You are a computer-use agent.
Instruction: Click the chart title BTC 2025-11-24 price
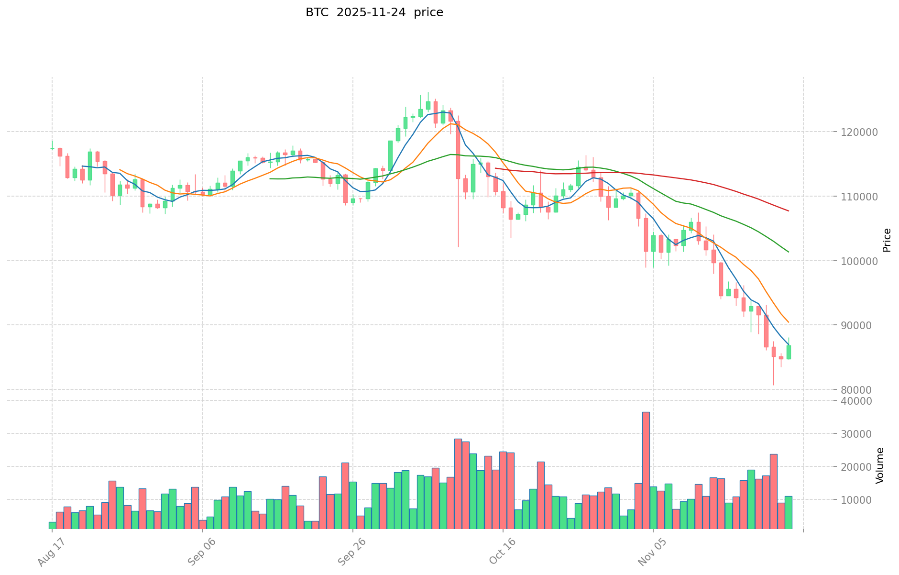coord(374,13)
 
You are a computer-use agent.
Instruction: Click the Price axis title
coord(887,240)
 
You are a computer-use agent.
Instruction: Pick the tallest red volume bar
coord(646,470)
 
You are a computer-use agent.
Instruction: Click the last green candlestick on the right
coord(789,352)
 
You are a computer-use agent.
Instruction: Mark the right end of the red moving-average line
coord(789,211)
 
